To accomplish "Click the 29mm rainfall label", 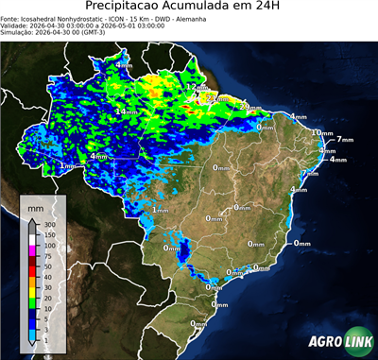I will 249,107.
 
